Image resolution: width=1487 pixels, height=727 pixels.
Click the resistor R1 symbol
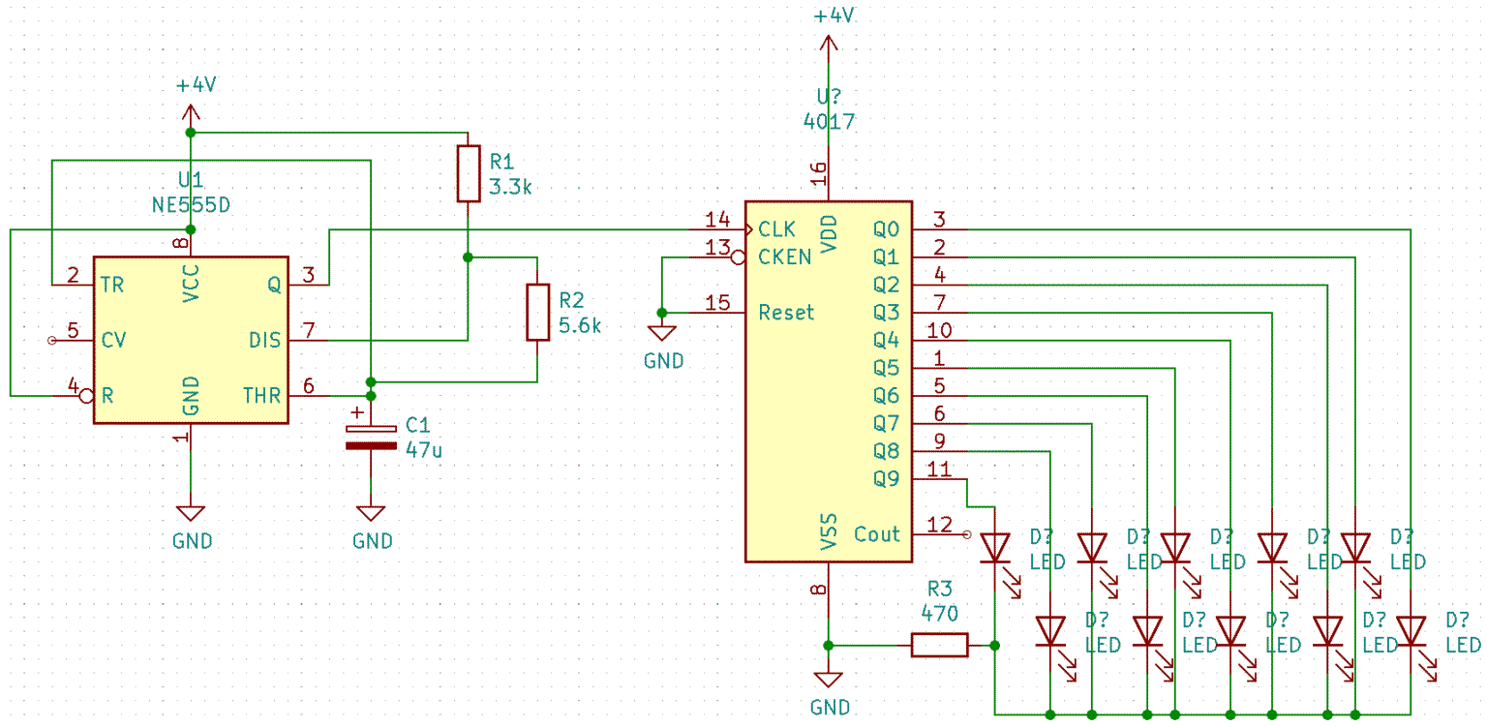pos(469,173)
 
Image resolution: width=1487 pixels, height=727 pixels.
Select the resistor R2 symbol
pos(538,312)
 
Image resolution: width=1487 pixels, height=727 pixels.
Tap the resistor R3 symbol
pos(939,645)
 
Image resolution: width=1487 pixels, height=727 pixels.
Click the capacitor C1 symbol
pos(372,436)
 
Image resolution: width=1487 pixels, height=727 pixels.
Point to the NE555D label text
pos(191,205)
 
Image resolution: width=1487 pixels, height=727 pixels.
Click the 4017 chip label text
pos(829,121)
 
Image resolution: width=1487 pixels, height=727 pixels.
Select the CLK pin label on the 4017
pos(776,229)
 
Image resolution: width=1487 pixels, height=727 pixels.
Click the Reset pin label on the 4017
pos(786,313)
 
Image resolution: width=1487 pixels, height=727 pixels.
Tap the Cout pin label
pos(876,534)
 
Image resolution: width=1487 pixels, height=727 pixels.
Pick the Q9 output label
pos(885,478)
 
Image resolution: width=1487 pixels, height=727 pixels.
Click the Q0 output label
pos(885,229)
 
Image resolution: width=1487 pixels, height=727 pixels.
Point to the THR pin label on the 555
pos(261,395)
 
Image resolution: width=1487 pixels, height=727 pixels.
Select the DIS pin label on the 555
pos(264,340)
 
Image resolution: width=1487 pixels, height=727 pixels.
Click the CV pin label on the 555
pos(113,340)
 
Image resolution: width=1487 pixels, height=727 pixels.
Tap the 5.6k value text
pos(579,326)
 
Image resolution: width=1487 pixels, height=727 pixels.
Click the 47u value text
pos(424,449)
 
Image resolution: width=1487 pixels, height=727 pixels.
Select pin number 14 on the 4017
pos(717,219)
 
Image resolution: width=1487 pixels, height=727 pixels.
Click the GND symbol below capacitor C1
pos(372,513)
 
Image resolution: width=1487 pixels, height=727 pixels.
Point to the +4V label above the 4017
pos(834,16)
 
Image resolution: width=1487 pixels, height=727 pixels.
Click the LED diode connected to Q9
pos(995,549)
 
